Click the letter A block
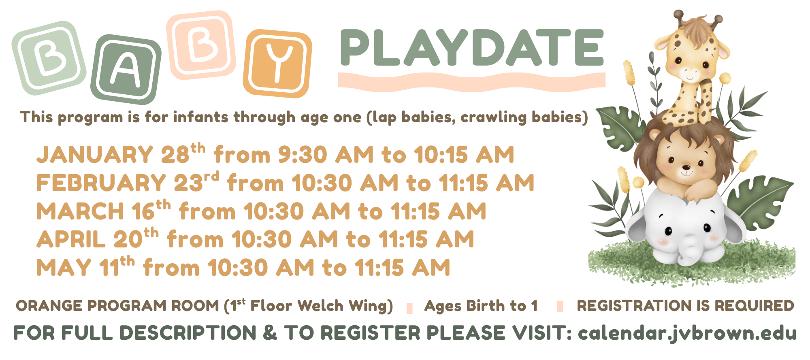126,69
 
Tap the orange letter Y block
278,64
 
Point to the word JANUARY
95,155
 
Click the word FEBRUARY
101,183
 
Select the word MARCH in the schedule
80,211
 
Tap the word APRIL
71,240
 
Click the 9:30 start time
303,155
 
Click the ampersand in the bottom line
270,333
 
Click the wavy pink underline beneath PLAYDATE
472,81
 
